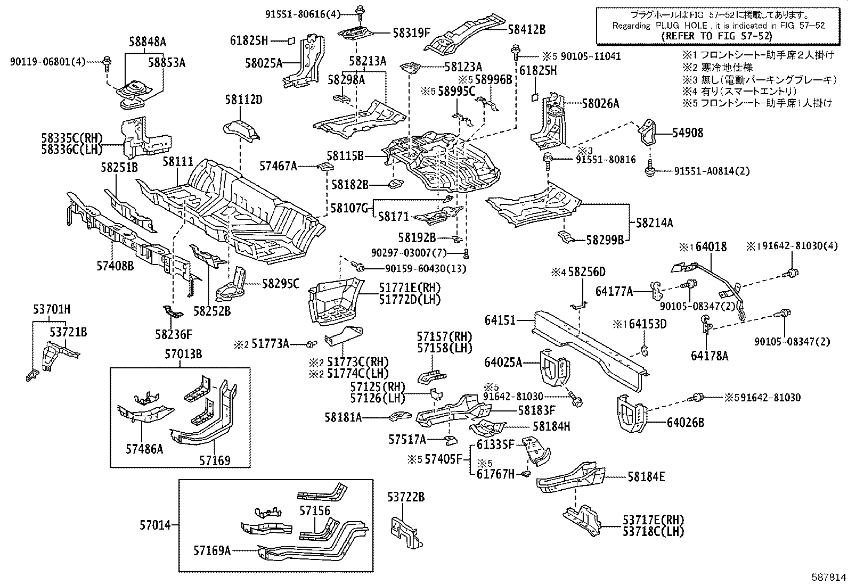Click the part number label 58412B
(526, 29)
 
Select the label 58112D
(243, 100)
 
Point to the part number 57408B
(115, 265)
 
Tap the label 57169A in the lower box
(212, 550)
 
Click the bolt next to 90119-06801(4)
(107, 62)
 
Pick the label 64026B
(686, 423)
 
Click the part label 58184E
(646, 477)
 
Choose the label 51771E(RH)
(410, 288)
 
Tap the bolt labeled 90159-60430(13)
(360, 266)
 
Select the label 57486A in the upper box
(144, 449)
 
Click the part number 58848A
(147, 42)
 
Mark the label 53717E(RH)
(653, 520)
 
